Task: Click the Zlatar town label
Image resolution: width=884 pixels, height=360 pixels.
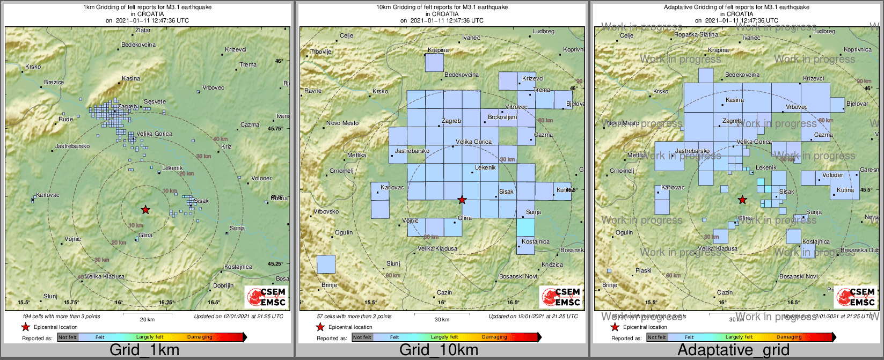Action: pos(143,31)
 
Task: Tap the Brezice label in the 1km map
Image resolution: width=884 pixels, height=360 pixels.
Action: pos(54,82)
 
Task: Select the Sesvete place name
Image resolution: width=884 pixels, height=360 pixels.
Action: pos(155,101)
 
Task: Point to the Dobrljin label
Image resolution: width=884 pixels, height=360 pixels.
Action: pos(223,285)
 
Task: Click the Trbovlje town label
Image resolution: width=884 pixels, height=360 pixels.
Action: pos(321,52)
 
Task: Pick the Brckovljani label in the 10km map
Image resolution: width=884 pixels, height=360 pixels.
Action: pos(502,117)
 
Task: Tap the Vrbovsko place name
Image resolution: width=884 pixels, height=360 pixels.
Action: pos(326,211)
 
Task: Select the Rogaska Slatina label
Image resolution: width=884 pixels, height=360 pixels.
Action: pos(696,35)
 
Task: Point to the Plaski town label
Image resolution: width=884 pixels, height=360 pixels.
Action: pos(643,270)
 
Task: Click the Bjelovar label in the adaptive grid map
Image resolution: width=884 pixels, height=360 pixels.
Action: pos(857,104)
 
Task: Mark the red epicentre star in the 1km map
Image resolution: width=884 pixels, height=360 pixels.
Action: pos(145,209)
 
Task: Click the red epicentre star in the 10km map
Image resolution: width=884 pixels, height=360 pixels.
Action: pos(462,200)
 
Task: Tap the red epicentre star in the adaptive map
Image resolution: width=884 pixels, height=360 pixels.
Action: pos(742,200)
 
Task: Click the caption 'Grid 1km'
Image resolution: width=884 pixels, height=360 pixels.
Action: pos(144,350)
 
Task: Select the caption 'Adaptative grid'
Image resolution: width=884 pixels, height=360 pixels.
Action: pos(733,350)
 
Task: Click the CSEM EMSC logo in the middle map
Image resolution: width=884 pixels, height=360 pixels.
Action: pos(560,297)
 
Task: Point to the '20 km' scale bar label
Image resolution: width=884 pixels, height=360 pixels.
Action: pos(147,319)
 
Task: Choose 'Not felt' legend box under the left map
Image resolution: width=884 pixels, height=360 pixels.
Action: pos(68,337)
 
